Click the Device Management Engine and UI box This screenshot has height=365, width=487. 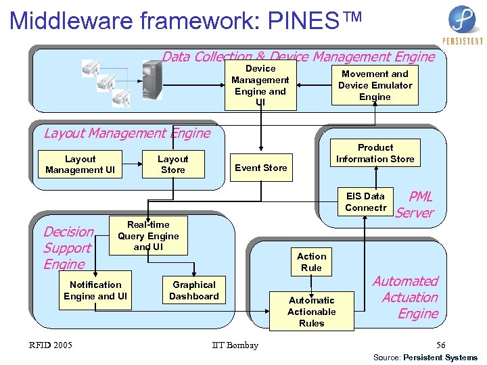coord(260,86)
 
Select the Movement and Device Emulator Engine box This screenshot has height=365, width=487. coord(375,85)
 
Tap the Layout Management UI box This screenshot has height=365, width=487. coord(80,164)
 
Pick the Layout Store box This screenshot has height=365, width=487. coord(172,164)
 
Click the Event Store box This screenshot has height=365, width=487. coord(260,168)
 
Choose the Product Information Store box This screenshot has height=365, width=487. coord(375,153)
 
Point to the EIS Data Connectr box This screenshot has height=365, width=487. coord(365,202)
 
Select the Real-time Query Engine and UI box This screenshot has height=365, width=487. coord(148,236)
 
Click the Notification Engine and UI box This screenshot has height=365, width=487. coord(95,291)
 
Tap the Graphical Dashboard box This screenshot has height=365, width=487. coord(194,291)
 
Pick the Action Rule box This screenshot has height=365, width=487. coord(311,262)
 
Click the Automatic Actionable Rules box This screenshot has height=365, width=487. coord(311,312)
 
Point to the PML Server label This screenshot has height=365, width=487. coord(415,205)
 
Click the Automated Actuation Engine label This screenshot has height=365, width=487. coord(407,297)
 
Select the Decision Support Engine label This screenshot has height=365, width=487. coord(67,248)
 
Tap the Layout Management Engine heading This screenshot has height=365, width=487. coord(127,133)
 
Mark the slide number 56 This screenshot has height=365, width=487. coord(440,345)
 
